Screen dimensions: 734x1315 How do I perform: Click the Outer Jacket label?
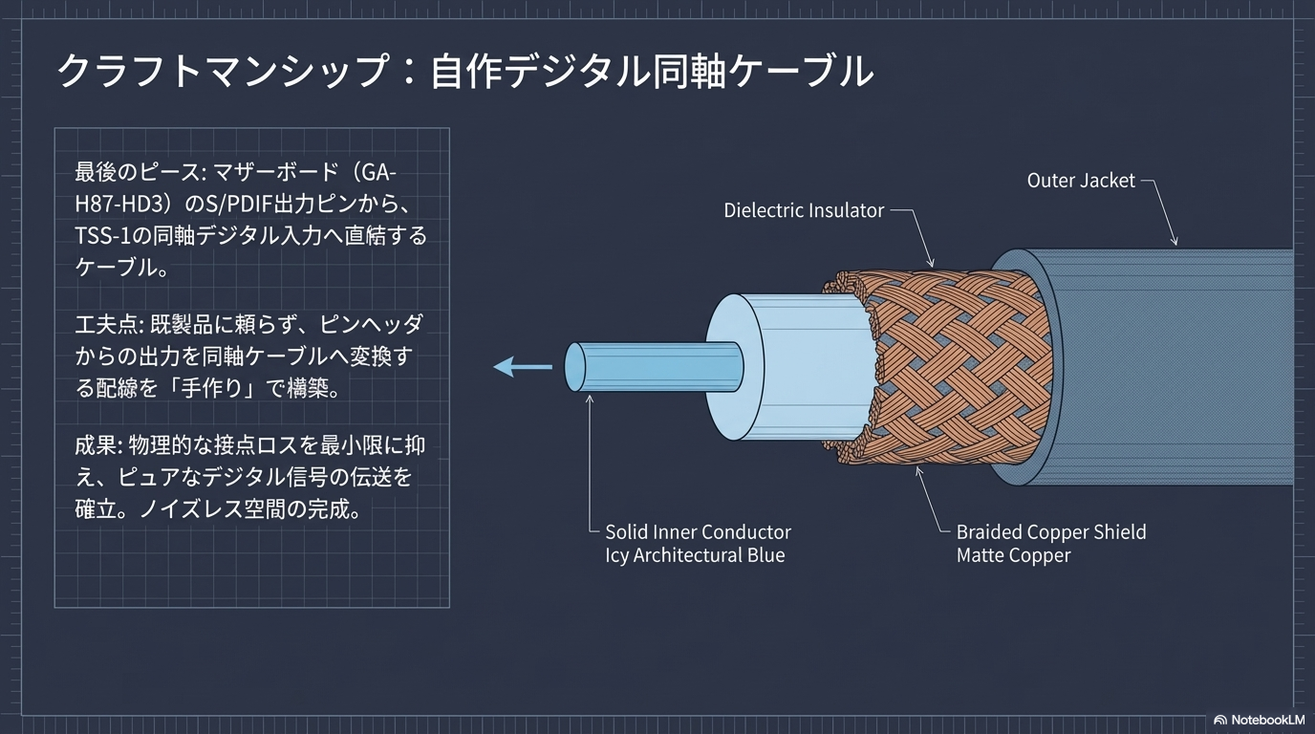(x=1080, y=180)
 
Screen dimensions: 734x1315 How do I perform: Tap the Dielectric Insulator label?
(x=803, y=210)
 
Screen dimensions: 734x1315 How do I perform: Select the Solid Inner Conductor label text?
(x=698, y=532)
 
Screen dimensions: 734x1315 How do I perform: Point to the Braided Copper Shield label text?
(x=1050, y=532)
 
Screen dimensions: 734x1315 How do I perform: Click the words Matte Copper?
(x=1013, y=556)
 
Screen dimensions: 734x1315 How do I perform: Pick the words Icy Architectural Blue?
(x=695, y=556)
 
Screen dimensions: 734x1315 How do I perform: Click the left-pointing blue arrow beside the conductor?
(x=523, y=366)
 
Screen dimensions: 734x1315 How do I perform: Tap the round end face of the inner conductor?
(x=575, y=367)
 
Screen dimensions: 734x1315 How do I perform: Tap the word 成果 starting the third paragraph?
(x=94, y=446)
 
